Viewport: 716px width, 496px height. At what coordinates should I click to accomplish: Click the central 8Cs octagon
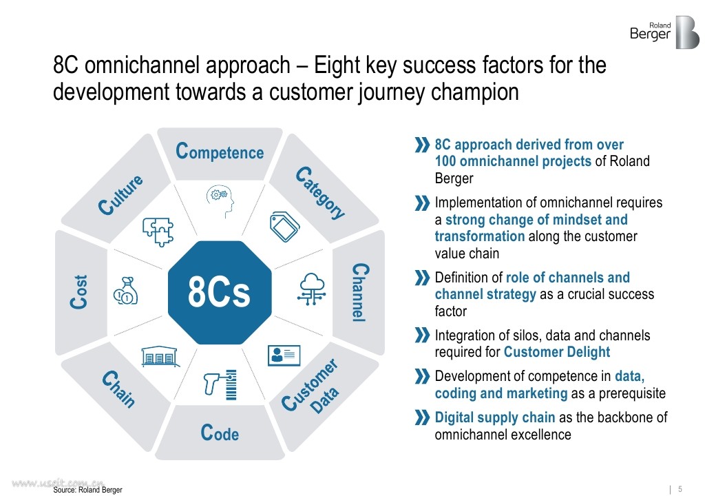[x=220, y=293]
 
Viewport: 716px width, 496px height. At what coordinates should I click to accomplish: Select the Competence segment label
[x=220, y=151]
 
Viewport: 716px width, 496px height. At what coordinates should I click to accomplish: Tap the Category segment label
[x=320, y=193]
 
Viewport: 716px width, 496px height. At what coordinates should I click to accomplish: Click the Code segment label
[x=220, y=433]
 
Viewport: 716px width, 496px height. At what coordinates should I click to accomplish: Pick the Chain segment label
[x=119, y=390]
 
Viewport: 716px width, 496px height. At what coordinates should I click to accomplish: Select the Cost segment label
[x=81, y=292]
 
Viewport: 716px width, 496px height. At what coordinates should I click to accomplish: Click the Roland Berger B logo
[x=686, y=32]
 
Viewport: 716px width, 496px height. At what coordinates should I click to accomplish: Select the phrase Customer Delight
[x=556, y=352]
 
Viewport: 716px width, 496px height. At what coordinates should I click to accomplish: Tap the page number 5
[x=680, y=489]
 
